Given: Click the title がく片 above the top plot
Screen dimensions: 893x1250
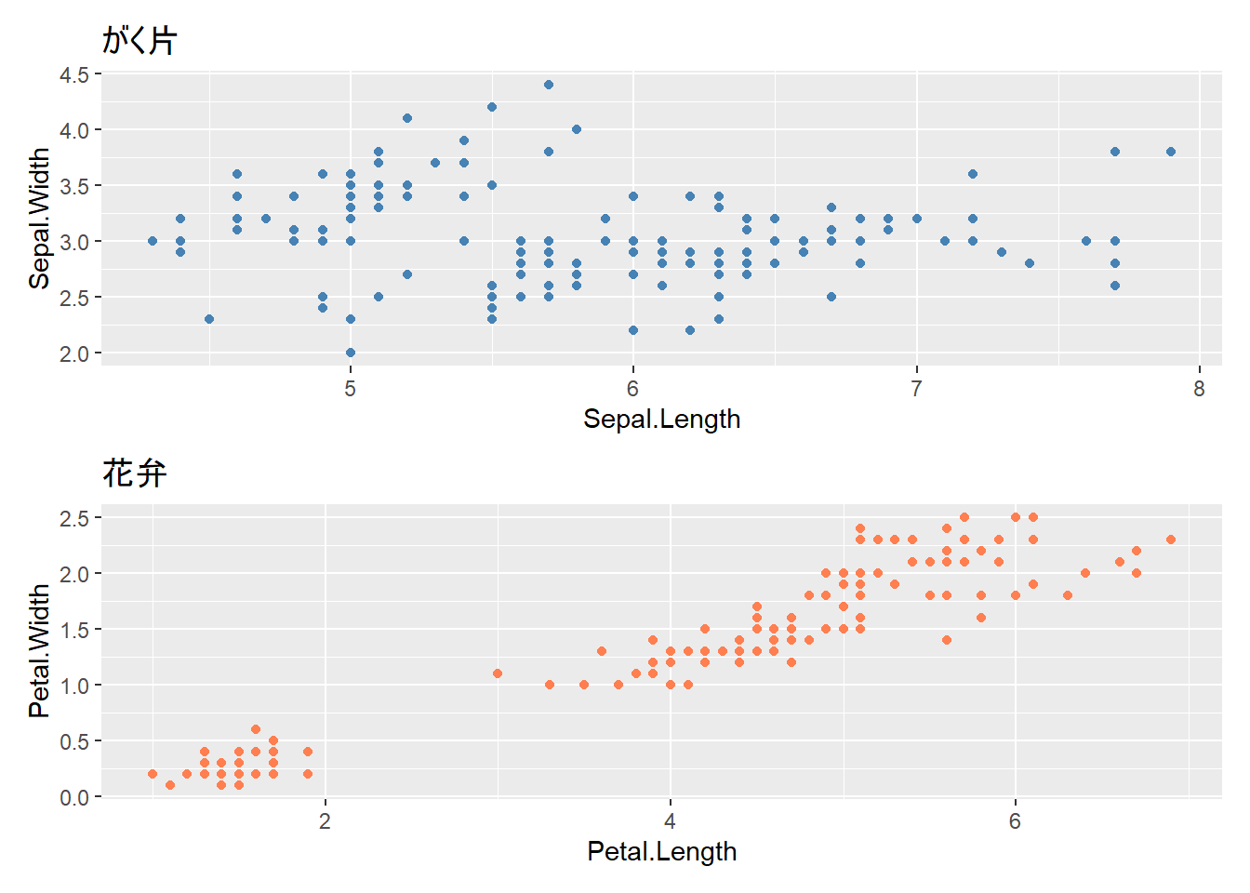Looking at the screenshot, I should (140, 40).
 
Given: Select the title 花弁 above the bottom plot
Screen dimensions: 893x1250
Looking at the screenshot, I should (135, 473).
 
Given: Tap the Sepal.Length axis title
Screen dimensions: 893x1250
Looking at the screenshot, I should (661, 420).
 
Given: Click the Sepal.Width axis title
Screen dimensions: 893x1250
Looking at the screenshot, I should (39, 219).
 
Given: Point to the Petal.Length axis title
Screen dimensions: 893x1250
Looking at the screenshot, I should (661, 851).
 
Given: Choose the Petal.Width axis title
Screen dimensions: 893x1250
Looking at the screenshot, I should (39, 651).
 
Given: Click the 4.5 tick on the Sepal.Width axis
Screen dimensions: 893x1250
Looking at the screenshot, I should (74, 74).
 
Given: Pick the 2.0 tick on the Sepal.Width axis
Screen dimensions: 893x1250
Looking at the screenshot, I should (74, 353).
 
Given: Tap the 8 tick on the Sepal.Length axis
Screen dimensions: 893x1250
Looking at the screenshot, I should (1199, 389).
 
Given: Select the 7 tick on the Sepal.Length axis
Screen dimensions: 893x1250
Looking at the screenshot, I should (916, 389).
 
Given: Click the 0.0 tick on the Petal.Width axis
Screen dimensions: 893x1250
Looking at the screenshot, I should (74, 797).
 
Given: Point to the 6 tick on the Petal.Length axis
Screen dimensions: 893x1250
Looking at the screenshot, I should (1015, 821).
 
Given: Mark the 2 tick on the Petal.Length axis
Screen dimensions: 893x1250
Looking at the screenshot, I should (325, 821).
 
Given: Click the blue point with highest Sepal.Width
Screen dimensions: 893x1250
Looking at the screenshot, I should (549, 85).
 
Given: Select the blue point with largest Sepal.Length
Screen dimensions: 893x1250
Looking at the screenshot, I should (1171, 152).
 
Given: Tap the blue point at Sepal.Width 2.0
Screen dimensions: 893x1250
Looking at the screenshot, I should (351, 353).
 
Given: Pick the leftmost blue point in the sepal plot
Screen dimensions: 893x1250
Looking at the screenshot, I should (153, 241).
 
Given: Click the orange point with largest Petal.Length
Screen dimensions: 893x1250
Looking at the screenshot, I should (1171, 540).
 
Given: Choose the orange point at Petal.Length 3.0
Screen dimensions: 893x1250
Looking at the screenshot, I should (498, 673).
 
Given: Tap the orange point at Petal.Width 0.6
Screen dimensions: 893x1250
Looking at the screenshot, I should (256, 729).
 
